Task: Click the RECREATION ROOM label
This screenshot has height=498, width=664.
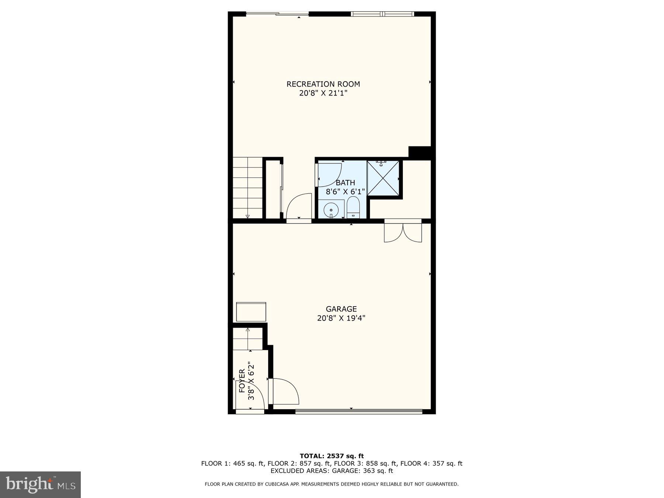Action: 323,84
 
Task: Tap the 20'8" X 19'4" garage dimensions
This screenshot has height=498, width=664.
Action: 341,318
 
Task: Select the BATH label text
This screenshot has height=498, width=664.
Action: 345,183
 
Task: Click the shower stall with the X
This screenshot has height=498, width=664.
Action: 383,178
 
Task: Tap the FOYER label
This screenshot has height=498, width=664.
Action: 242,381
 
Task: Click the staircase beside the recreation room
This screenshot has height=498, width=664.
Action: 247,188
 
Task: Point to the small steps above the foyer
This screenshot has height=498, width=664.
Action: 247,339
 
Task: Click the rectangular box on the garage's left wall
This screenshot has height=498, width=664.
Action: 251,312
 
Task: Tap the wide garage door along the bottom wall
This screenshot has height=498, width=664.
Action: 359,411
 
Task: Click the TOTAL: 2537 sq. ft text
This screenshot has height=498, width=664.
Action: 332,456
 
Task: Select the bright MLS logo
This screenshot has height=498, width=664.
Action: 40,484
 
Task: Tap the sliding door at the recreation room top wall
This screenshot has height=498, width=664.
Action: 277,14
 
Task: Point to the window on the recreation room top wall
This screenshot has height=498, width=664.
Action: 382,14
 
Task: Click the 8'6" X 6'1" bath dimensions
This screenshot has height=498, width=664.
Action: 345,192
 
